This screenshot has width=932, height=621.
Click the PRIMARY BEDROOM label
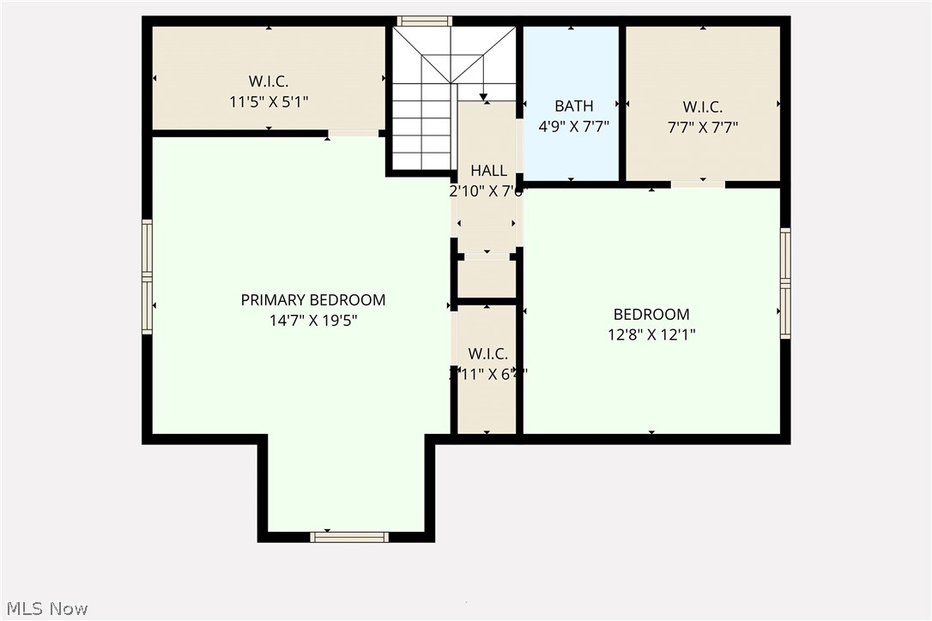pyautogui.click(x=312, y=300)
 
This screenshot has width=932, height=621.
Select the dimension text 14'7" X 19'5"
pyautogui.click(x=312, y=321)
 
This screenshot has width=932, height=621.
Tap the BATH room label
pyautogui.click(x=573, y=106)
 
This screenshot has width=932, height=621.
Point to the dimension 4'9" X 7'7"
pyautogui.click(x=573, y=127)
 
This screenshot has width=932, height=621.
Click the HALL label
pyautogui.click(x=487, y=171)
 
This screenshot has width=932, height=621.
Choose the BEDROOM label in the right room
pyautogui.click(x=651, y=315)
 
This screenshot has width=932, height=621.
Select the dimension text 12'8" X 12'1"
pyautogui.click(x=651, y=335)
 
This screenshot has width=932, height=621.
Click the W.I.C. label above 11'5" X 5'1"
pyautogui.click(x=269, y=81)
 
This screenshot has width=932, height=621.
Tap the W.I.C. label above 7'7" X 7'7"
pyautogui.click(x=702, y=107)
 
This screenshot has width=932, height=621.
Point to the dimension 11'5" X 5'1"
pyautogui.click(x=269, y=102)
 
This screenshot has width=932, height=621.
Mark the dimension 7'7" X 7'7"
pyautogui.click(x=702, y=128)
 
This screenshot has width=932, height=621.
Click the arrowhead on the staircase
pyautogui.click(x=483, y=96)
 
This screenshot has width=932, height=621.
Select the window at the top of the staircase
pyautogui.click(x=424, y=21)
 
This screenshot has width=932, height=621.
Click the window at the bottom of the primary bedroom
pyautogui.click(x=348, y=537)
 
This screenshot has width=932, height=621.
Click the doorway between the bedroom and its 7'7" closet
pyautogui.click(x=698, y=184)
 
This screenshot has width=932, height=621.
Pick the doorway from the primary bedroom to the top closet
pyautogui.click(x=354, y=133)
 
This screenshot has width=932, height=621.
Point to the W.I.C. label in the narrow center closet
pyautogui.click(x=487, y=353)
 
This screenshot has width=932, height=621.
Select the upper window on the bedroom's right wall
pyautogui.click(x=785, y=255)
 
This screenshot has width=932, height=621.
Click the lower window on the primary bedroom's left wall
pyautogui.click(x=148, y=305)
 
